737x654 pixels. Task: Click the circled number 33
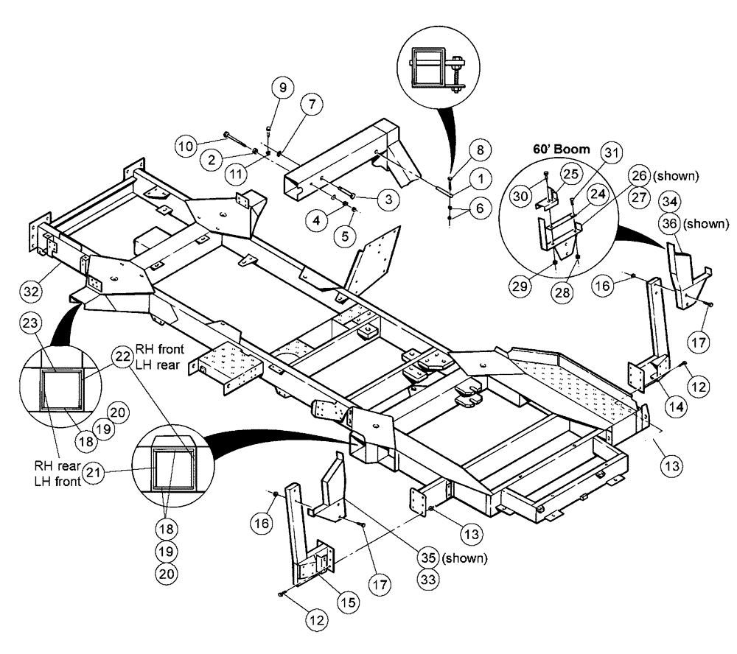click(425, 580)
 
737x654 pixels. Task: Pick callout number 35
click(425, 557)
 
